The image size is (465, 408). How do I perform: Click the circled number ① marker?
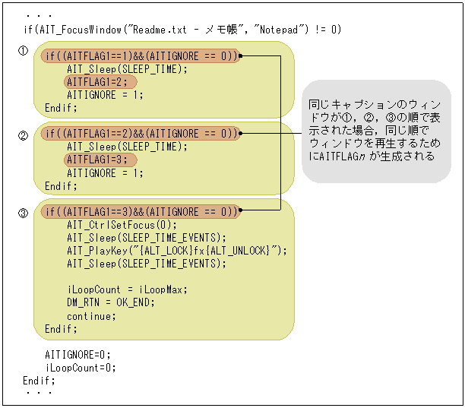[x=24, y=51]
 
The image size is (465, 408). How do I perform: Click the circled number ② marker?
[x=24, y=136]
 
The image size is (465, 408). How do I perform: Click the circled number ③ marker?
[x=24, y=213]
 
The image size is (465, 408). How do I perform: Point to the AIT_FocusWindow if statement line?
[x=182, y=30]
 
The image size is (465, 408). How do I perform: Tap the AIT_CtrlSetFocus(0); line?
[x=121, y=225]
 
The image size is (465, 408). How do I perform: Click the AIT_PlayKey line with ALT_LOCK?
[x=176, y=251]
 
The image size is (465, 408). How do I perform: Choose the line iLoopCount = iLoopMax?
[x=127, y=289]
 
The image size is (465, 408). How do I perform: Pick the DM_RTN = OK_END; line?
[x=110, y=302]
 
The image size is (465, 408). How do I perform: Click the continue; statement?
[x=90, y=316]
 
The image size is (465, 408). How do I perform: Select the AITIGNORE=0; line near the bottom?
[x=77, y=355]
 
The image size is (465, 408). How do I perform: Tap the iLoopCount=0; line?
[x=81, y=368]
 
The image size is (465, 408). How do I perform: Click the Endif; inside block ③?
[x=61, y=329]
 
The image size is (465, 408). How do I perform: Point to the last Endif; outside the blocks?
[x=40, y=380]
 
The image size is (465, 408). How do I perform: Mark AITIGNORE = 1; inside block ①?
[x=104, y=95]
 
